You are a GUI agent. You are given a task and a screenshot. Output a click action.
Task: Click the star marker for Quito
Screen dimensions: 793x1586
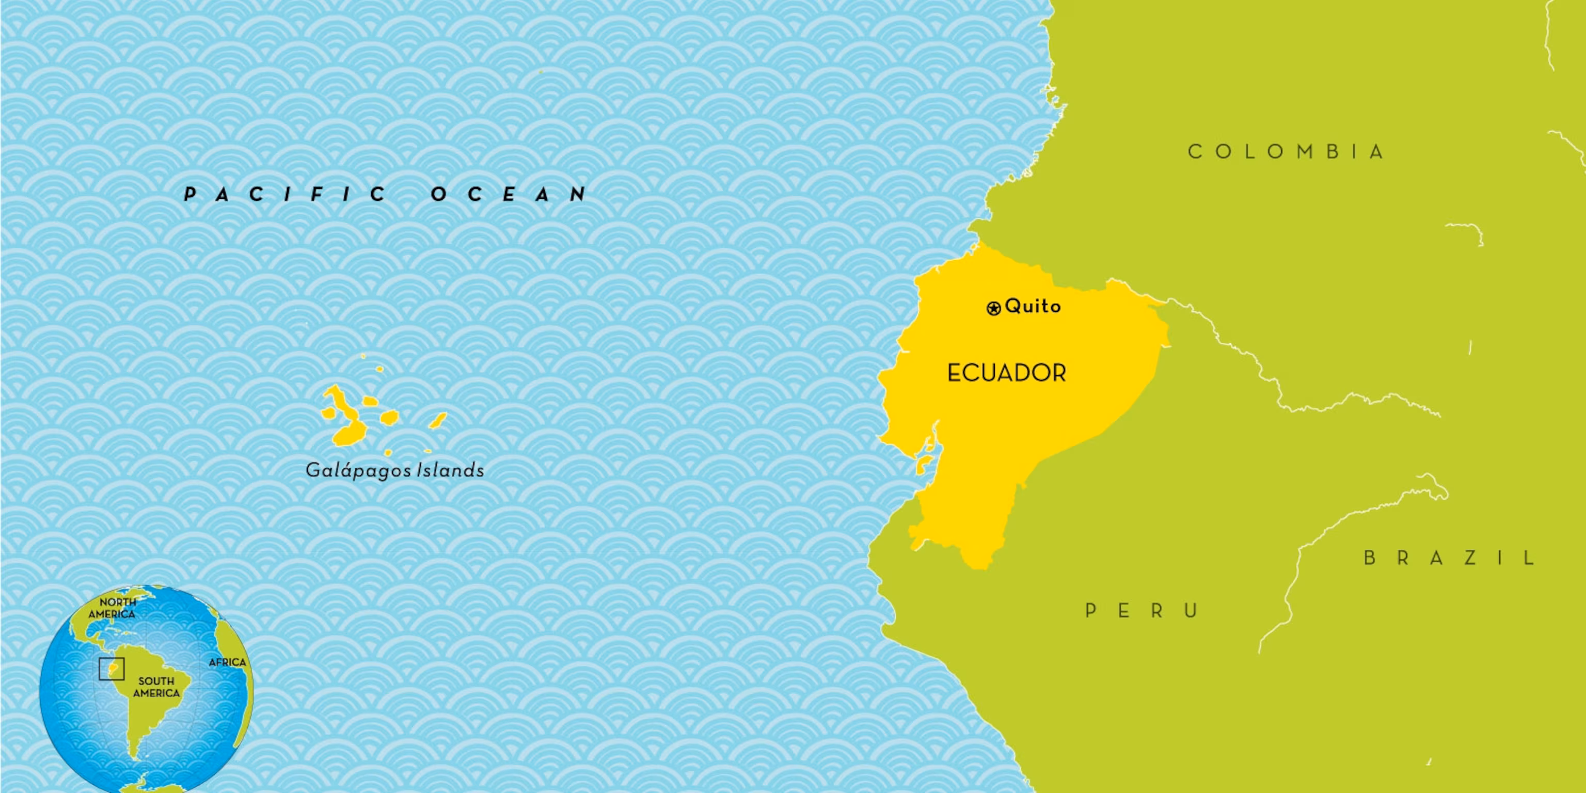point(993,308)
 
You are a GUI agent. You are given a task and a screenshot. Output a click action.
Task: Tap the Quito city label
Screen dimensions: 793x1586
point(1033,306)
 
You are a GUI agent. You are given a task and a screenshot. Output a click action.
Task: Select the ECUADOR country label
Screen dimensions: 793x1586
point(1006,373)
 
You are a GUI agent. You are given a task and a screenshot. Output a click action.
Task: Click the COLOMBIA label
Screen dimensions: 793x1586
point(1286,151)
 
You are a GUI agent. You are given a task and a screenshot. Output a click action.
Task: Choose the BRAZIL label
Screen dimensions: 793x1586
point(1449,558)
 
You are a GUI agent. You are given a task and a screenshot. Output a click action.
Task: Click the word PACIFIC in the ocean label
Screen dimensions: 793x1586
point(285,195)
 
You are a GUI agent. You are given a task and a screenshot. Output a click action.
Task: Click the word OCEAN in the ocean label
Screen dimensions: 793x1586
point(509,195)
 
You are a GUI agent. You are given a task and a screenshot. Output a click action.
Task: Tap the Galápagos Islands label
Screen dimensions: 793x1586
point(394,470)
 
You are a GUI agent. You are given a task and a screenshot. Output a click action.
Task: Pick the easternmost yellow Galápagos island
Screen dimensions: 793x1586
point(438,421)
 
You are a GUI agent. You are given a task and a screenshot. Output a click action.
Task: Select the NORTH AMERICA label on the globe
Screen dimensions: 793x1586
point(113,608)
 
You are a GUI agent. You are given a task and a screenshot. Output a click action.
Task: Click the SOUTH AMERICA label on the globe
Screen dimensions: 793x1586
point(156,687)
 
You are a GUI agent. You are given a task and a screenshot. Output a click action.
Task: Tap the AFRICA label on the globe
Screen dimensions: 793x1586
point(227,662)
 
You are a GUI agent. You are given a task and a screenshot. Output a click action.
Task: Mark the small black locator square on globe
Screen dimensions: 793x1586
point(112,669)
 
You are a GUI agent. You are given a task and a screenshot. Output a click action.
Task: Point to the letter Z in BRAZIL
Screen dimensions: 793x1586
point(1470,558)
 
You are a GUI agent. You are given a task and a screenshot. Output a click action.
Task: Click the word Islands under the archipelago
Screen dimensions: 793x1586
point(451,470)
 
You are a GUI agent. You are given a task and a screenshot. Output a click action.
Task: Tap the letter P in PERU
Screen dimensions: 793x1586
point(1091,611)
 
